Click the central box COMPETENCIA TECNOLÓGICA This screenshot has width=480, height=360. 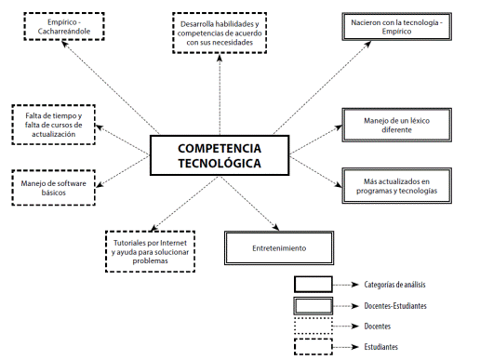(x=220, y=155)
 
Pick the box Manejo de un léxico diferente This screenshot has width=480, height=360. (x=389, y=123)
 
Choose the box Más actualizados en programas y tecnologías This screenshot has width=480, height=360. (x=389, y=183)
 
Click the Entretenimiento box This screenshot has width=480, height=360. (x=279, y=248)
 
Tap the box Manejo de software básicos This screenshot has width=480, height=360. (x=53, y=189)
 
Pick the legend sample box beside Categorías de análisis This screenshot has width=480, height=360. (x=313, y=285)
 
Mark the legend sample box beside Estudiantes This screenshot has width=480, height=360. (x=313, y=346)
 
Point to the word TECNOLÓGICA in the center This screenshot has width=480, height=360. (x=220, y=163)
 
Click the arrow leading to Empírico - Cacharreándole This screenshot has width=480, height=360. (x=116, y=93)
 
